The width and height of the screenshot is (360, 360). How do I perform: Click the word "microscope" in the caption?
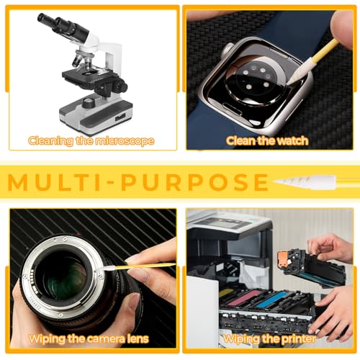point(125,141)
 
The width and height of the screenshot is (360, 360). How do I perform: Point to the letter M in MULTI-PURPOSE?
point(17,182)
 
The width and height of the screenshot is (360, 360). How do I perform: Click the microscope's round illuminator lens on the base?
point(89,103)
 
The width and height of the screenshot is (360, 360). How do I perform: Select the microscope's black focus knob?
point(120,85)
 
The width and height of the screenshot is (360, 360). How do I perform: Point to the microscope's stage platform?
point(89,76)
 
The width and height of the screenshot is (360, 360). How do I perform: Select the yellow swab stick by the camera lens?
point(145,266)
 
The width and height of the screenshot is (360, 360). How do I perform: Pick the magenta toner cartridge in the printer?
point(243,297)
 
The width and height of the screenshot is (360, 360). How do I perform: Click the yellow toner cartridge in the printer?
point(225,293)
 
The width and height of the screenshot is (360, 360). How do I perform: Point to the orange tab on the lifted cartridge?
point(283,258)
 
